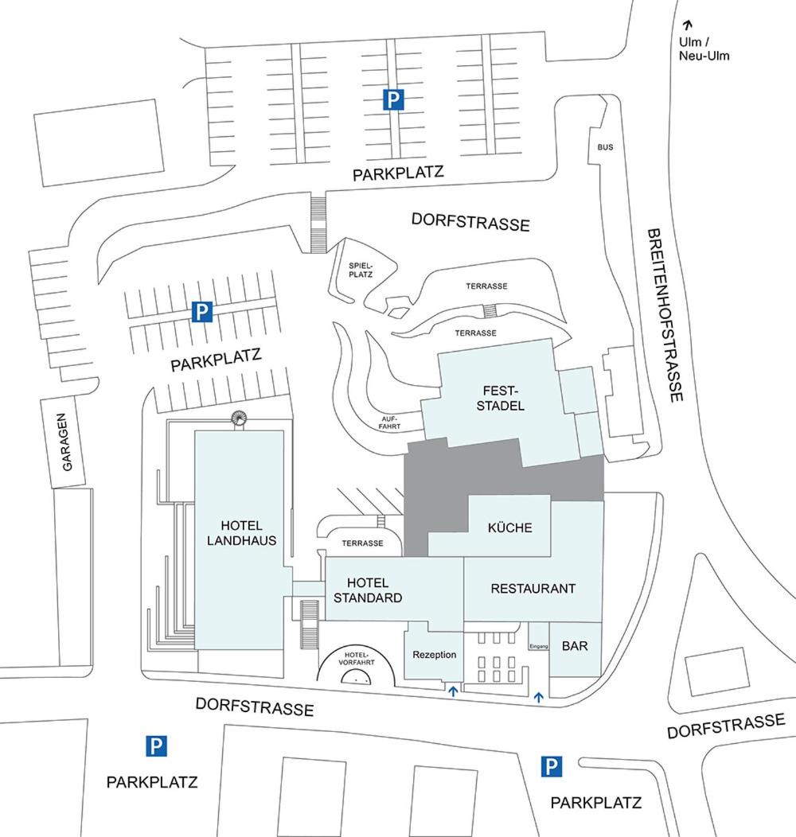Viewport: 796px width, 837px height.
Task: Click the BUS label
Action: [x=606, y=148]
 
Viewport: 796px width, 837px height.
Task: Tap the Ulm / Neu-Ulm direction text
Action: [x=704, y=49]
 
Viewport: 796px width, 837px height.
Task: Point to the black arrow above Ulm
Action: [x=688, y=25]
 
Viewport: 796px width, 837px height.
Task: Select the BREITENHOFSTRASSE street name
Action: [x=665, y=315]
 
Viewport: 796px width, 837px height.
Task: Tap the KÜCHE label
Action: [x=509, y=528]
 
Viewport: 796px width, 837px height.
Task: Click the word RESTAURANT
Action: [x=533, y=589]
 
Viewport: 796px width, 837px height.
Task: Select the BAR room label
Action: [x=575, y=646]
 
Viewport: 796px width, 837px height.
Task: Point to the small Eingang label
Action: [x=539, y=647]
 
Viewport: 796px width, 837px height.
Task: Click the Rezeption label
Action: [x=435, y=655]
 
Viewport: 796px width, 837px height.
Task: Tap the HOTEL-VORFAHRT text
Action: [x=356, y=657]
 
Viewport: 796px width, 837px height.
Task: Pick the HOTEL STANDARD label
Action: [x=369, y=590]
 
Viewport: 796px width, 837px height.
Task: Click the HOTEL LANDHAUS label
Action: [x=241, y=533]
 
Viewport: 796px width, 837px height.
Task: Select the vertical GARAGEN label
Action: [x=67, y=442]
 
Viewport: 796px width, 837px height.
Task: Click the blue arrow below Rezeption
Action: [x=453, y=691]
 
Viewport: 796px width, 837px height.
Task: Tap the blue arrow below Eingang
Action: [x=539, y=697]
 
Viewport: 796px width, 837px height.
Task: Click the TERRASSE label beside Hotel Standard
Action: [x=362, y=543]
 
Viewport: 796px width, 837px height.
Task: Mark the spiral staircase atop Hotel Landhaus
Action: [x=239, y=419]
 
